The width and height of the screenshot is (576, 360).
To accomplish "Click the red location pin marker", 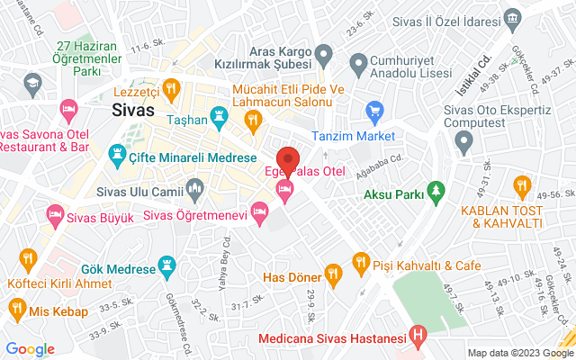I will pos(287,158).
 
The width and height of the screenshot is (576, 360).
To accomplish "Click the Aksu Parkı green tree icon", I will pos(436,191).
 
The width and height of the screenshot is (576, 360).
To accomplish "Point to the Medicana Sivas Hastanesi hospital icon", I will pos(418,339).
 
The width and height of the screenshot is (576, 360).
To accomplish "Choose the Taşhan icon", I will pos(219,115).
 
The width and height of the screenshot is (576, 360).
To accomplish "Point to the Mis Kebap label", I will pos(58,311).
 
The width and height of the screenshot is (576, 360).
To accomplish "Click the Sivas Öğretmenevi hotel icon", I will pos(259,213).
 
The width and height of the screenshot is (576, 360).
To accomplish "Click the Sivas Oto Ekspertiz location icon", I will pos(464,139).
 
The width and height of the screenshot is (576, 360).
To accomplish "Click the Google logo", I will pos(30,349).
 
